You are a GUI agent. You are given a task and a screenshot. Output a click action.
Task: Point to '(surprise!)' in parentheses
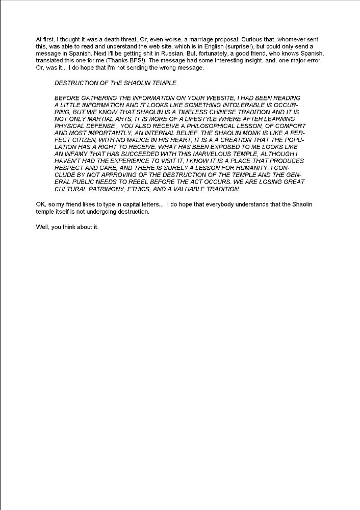tap(233, 46)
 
